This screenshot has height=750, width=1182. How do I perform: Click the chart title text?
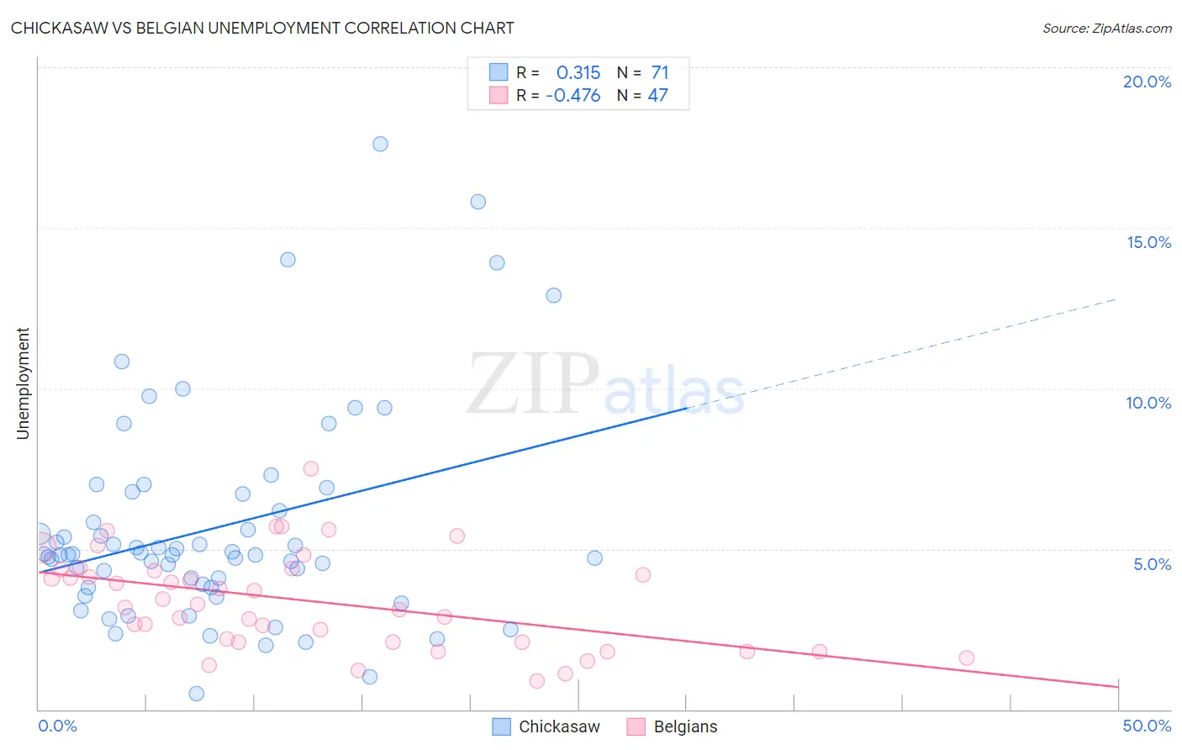coord(262,28)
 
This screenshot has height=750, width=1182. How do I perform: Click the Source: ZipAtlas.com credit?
coord(1106,28)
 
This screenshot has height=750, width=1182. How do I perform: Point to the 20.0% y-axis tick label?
coord(1147,82)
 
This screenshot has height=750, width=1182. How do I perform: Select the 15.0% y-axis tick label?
coord(1148,242)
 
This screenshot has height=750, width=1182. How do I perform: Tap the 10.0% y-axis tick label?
coord(1148,403)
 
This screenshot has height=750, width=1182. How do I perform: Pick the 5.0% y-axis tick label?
coord(1152,564)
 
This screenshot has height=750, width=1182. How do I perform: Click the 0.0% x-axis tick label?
coord(58,726)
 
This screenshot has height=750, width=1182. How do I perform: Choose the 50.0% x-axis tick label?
coord(1147,726)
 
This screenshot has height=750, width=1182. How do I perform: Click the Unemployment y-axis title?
coord(23,383)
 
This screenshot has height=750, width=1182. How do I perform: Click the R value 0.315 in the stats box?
coord(578,73)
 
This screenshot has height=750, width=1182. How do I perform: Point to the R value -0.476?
coord(573,96)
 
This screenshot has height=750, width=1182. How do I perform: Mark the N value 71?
coord(660,73)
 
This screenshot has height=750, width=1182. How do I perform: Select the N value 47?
coord(657,96)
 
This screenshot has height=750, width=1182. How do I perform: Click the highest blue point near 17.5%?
coord(380,144)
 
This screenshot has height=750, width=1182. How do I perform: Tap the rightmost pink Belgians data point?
coord(967,658)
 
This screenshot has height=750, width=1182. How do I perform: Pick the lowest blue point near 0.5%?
coord(197,694)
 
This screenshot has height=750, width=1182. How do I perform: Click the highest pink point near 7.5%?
coord(311,468)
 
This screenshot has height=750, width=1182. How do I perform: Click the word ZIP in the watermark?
coord(532,384)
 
